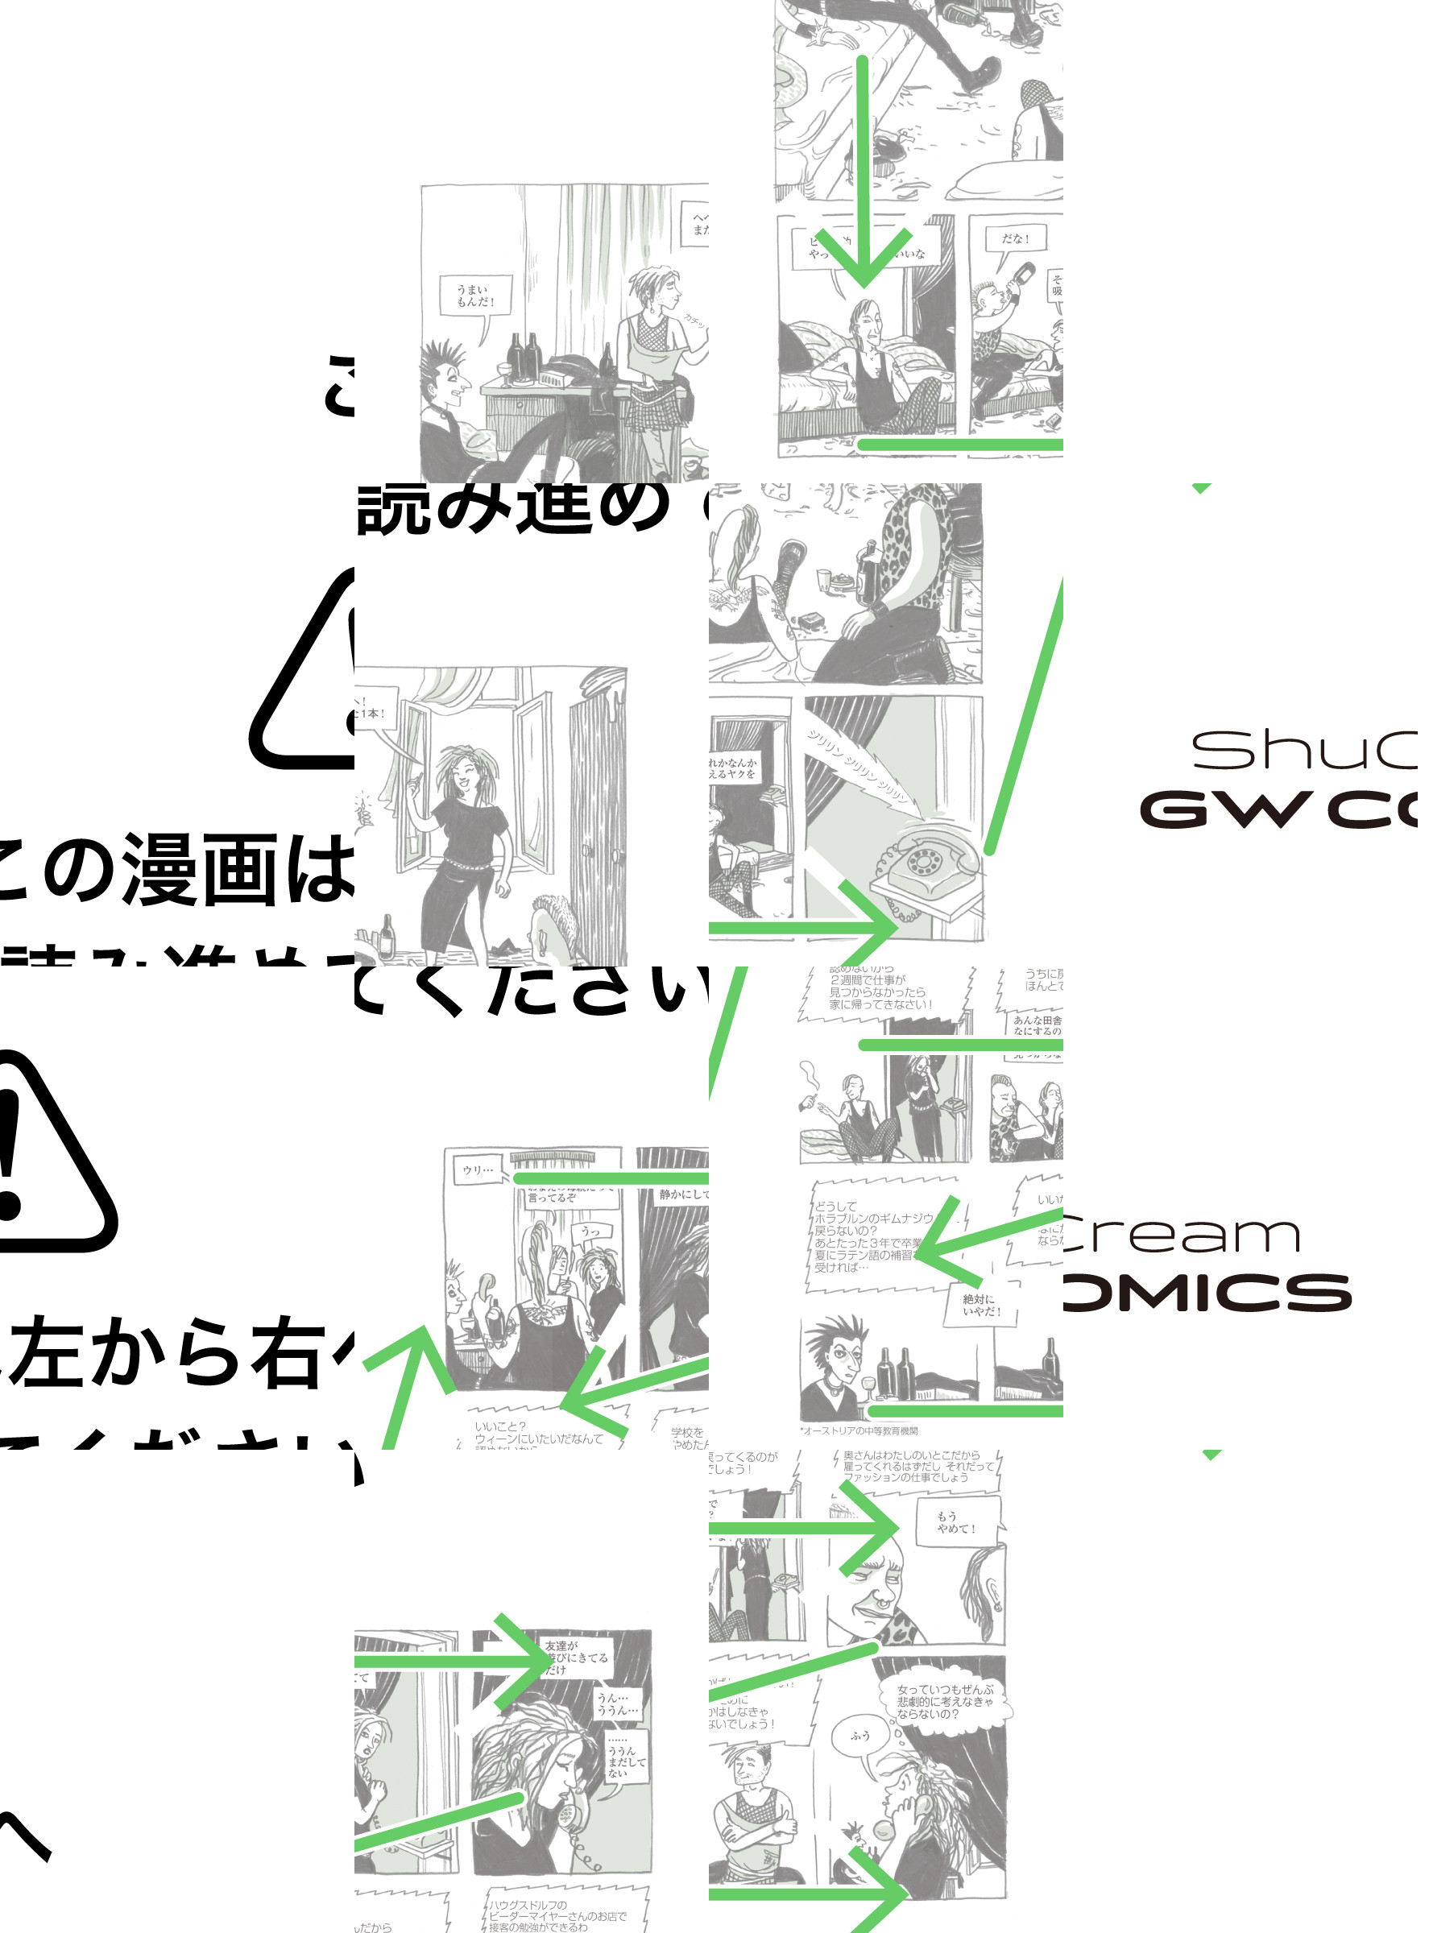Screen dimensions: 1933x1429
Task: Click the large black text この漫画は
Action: point(177,869)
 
